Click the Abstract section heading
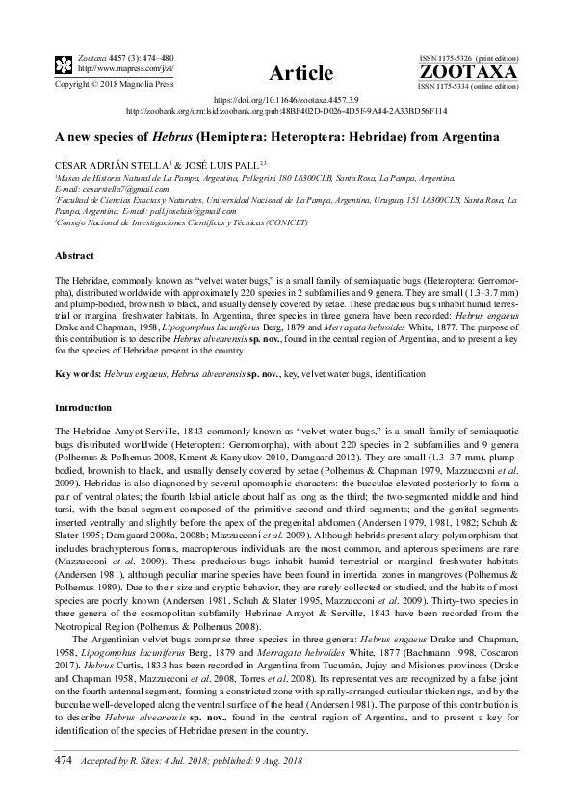click(75, 256)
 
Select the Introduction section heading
click(84, 408)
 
